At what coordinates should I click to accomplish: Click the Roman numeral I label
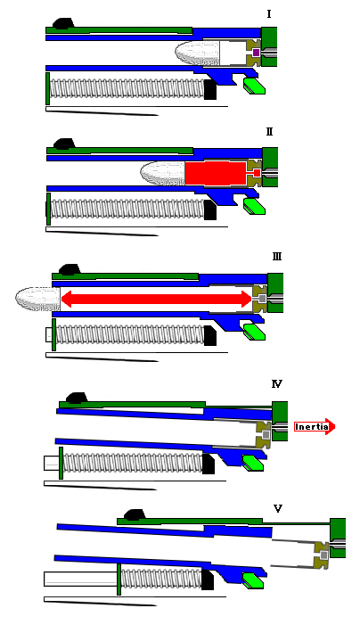pyautogui.click(x=269, y=14)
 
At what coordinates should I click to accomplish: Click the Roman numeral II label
pyautogui.click(x=269, y=132)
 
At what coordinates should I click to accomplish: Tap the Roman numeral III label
pyautogui.click(x=277, y=257)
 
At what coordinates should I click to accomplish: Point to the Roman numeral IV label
pyautogui.click(x=277, y=383)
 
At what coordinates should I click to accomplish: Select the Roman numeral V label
pyautogui.click(x=278, y=508)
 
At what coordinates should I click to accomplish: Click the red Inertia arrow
pyautogui.click(x=315, y=427)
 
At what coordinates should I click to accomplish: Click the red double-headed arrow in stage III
pyautogui.click(x=157, y=299)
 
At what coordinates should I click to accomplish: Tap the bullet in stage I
pyautogui.click(x=198, y=53)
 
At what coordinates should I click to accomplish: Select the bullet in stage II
pyautogui.click(x=163, y=173)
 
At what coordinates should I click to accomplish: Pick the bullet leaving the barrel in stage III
pyautogui.click(x=37, y=300)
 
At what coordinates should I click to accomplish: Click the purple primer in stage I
pyautogui.click(x=256, y=53)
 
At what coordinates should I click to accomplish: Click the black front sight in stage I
pyautogui.click(x=63, y=23)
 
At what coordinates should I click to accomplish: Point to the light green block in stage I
pyautogui.click(x=254, y=86)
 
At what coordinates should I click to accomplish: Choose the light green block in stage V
pyautogui.click(x=253, y=580)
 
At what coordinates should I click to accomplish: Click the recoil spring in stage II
pyautogui.click(x=127, y=210)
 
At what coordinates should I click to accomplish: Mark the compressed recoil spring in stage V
pyautogui.click(x=161, y=579)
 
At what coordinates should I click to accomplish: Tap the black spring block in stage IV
pyautogui.click(x=209, y=464)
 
